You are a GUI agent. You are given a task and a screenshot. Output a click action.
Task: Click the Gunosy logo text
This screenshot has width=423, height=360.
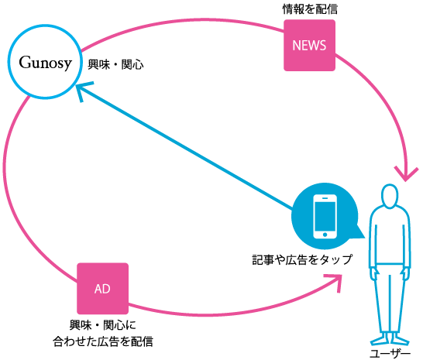pyautogui.click(x=45, y=63)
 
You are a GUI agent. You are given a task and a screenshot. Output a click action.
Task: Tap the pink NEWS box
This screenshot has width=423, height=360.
pyautogui.click(x=309, y=46)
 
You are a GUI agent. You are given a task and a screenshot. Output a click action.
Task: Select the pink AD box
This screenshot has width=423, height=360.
pyautogui.click(x=102, y=289)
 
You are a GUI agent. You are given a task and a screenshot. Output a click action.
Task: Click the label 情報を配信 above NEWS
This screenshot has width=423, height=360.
pyautogui.click(x=310, y=9)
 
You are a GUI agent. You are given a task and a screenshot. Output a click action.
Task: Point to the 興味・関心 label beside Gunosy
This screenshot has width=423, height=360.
pyautogui.click(x=115, y=65)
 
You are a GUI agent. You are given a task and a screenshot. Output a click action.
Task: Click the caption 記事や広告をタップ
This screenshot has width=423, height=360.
pyautogui.click(x=302, y=259)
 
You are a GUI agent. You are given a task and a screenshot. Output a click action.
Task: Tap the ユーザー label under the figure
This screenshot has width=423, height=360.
pyautogui.click(x=390, y=354)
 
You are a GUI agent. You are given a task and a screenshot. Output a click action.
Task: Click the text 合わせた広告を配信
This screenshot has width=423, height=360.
pyautogui.click(x=103, y=341)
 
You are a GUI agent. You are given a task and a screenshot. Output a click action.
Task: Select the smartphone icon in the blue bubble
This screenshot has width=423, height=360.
pyautogui.click(x=325, y=216)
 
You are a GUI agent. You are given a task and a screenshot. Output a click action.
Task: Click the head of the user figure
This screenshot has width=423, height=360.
pyautogui.click(x=390, y=196)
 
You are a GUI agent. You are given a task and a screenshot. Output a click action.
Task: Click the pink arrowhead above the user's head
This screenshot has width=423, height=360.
pyautogui.click(x=406, y=174)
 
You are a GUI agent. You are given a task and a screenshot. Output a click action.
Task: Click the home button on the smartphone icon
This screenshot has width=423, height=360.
pyautogui.click(x=325, y=235)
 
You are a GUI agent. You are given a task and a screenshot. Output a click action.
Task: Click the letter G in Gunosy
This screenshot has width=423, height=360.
pyautogui.click(x=26, y=62)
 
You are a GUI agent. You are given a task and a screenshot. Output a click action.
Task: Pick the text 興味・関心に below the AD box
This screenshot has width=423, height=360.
pyautogui.click(x=103, y=325)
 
